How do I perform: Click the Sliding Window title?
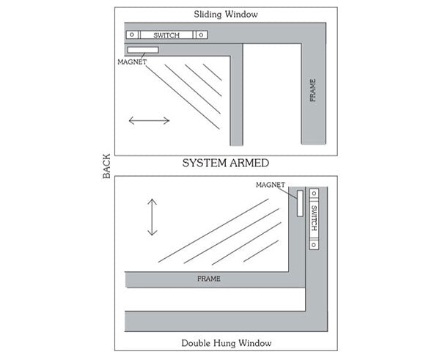pyautogui.click(x=225, y=14)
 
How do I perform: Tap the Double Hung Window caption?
pyautogui.click(x=226, y=343)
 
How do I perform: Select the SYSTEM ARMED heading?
pyautogui.click(x=225, y=163)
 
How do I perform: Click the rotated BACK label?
pyautogui.click(x=106, y=167)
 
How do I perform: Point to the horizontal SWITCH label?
pyautogui.click(x=165, y=34)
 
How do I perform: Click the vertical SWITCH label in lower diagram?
pyautogui.click(x=314, y=218)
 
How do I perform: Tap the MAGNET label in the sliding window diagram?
pyautogui.click(x=132, y=62)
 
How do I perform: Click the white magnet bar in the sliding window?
pyautogui.click(x=142, y=50)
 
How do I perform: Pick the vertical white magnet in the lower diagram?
pyautogui.click(x=300, y=202)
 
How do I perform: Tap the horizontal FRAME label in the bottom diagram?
pyautogui.click(x=209, y=279)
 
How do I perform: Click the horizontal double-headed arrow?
pyautogui.click(x=149, y=120)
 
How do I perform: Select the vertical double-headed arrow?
pyautogui.click(x=152, y=217)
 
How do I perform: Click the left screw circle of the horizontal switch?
pyautogui.click(x=131, y=34)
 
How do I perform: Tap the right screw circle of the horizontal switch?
pyautogui.click(x=199, y=34)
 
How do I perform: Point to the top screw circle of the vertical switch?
pyautogui.click(x=314, y=194)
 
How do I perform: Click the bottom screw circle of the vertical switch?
pyautogui.click(x=314, y=244)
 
